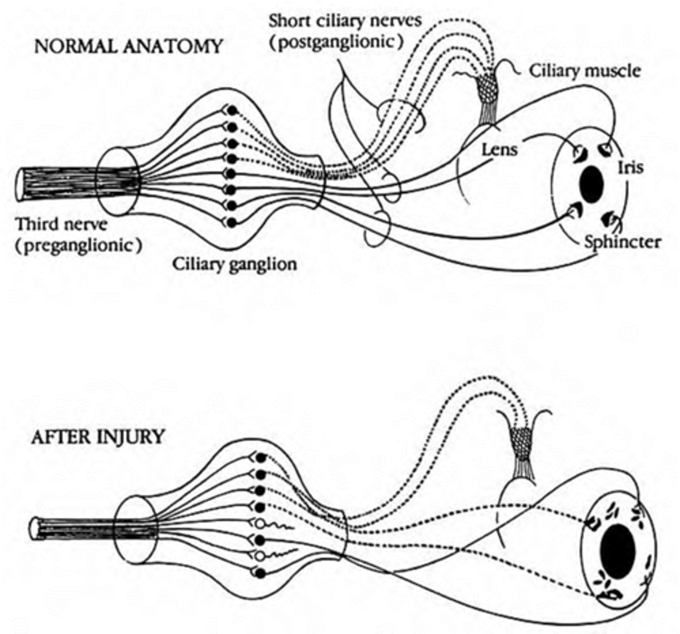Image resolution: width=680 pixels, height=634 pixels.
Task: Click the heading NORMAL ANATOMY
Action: tap(128, 46)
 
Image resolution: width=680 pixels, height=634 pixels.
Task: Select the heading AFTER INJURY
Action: tap(98, 438)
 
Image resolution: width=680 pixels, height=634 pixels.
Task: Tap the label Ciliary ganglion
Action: tap(235, 264)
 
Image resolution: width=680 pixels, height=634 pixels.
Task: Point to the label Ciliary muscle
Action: tap(585, 71)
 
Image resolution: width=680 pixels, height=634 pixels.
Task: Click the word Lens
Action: tap(499, 150)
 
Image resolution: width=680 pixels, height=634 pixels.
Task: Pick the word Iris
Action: tap(630, 167)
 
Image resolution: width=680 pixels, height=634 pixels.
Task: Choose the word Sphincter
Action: tap(622, 242)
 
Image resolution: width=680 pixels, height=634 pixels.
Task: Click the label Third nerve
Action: tap(61, 224)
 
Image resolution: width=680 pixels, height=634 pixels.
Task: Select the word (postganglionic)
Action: tap(333, 42)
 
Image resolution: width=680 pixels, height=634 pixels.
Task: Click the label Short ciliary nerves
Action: tap(344, 22)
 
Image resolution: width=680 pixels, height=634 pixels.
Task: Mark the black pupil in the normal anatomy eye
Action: tap(591, 185)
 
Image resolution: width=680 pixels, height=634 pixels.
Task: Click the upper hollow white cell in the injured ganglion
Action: tap(260, 524)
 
